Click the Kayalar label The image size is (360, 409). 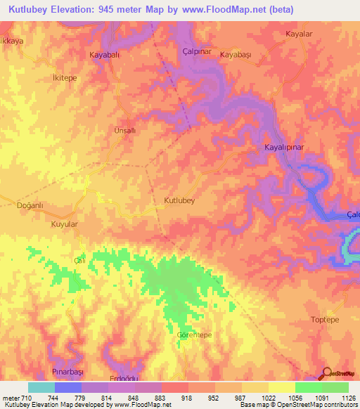pyautogui.click(x=299, y=34)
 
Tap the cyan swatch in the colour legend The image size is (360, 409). pyautogui.click(x=41, y=387)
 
